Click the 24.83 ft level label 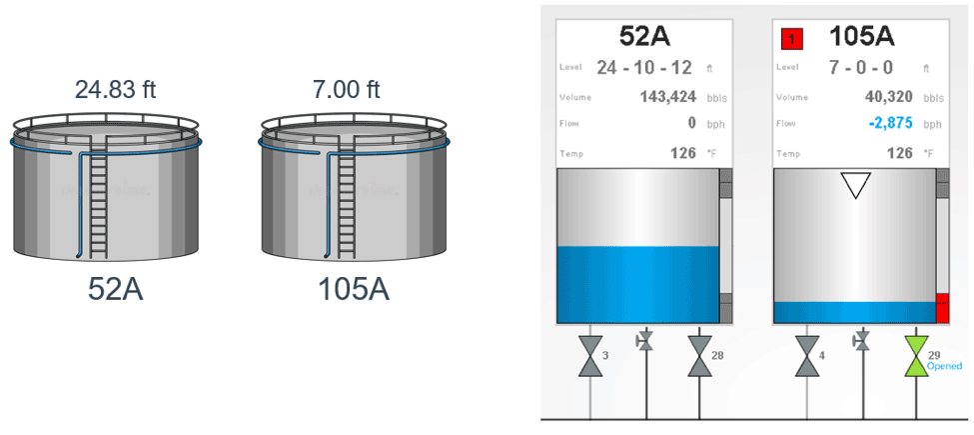point(116,89)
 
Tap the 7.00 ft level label point(346,89)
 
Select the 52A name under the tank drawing point(116,289)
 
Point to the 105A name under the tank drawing point(354,289)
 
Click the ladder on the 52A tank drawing point(98,204)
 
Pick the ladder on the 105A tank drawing point(346,204)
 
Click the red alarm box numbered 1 point(791,39)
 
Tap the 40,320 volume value point(889,97)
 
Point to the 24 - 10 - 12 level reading point(644,67)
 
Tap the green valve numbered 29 point(916,357)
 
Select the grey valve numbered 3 point(590,357)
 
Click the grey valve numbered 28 point(699,357)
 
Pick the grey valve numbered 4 point(807,357)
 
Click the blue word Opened point(944,367)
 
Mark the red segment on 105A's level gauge point(942,308)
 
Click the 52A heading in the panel point(644,37)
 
